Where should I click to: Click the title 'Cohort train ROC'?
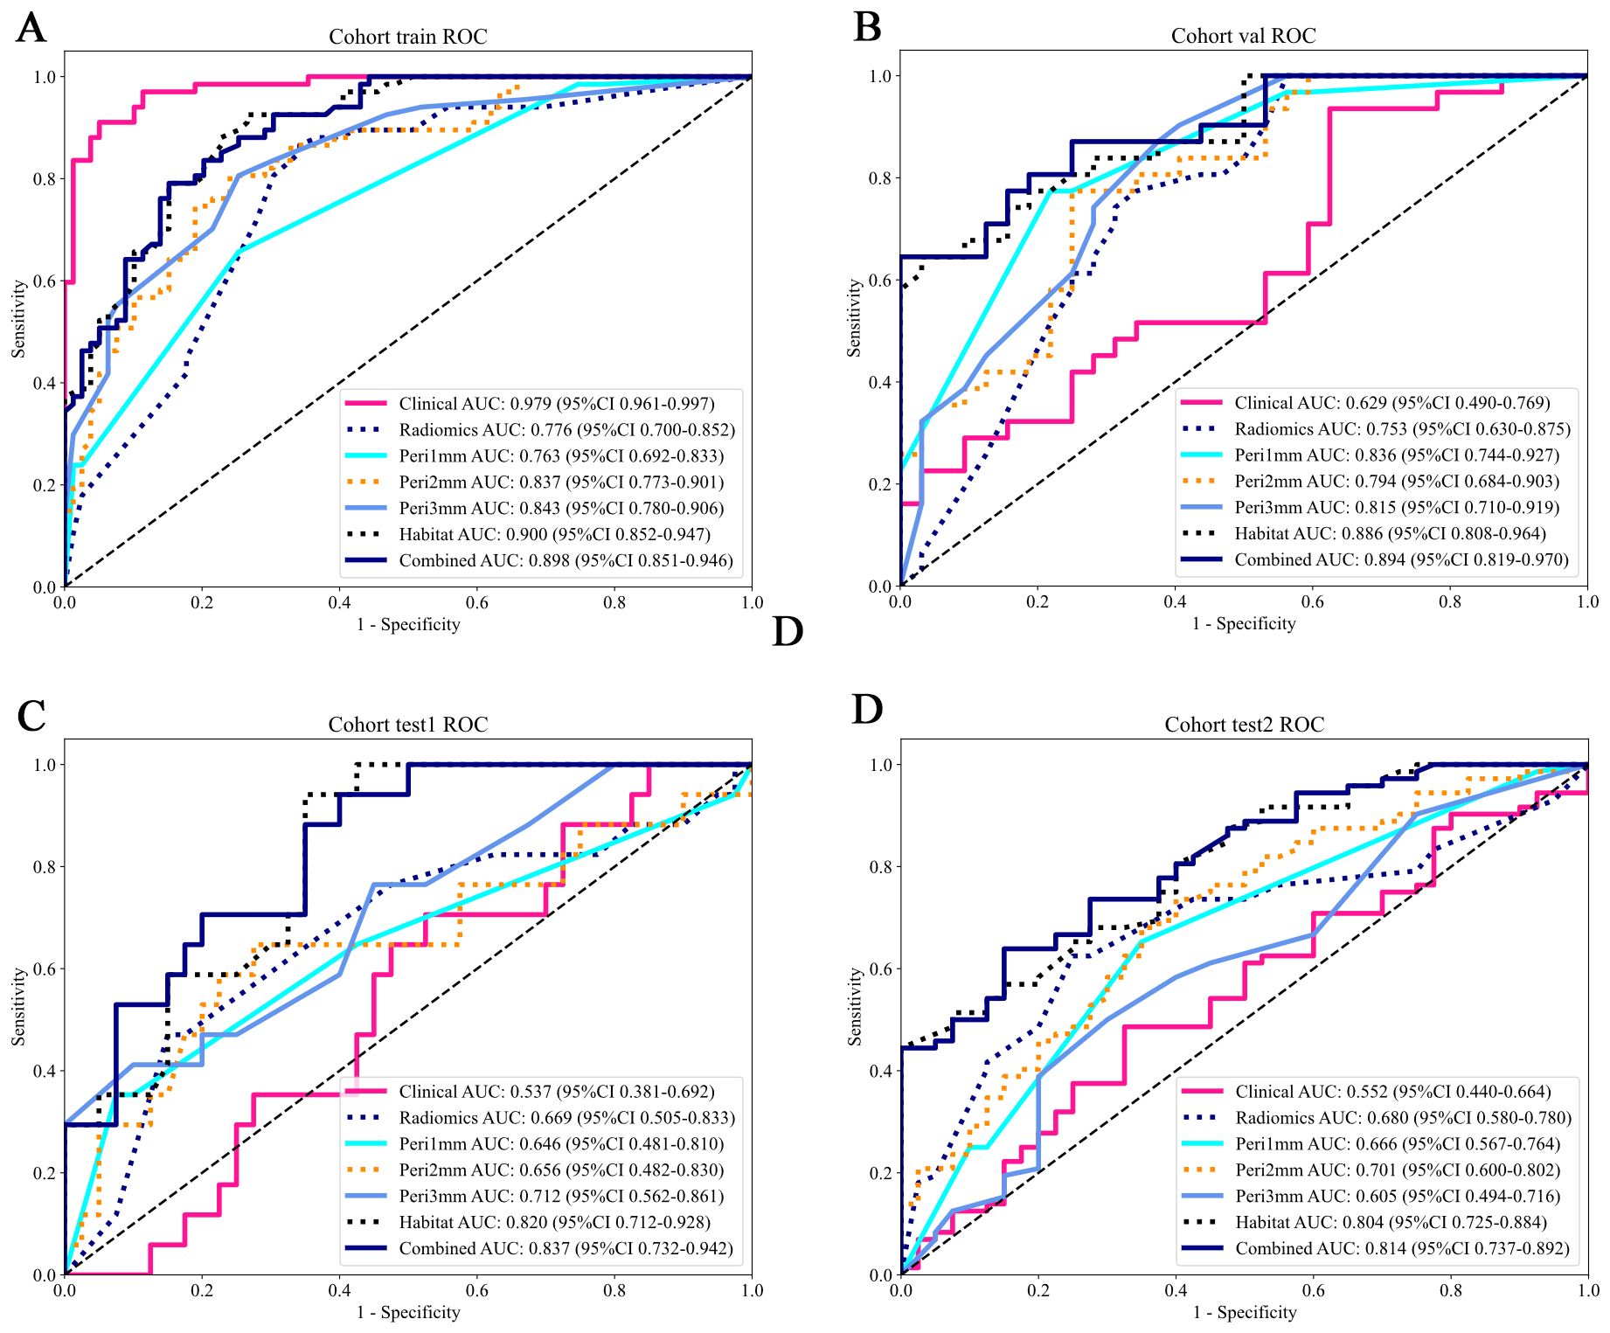[x=407, y=37]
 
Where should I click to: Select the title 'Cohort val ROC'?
[x=1243, y=36]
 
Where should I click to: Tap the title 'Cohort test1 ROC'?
[x=407, y=725]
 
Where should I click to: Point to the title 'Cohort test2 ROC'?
[x=1244, y=725]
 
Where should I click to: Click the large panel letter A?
[x=31, y=28]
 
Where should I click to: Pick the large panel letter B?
[x=867, y=27]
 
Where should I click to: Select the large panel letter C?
[x=31, y=716]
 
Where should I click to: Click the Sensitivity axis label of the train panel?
[x=18, y=319]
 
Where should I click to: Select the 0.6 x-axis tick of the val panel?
[x=1312, y=601]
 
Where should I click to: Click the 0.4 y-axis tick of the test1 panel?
[x=45, y=1072]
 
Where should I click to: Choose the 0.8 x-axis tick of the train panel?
[x=614, y=602]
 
